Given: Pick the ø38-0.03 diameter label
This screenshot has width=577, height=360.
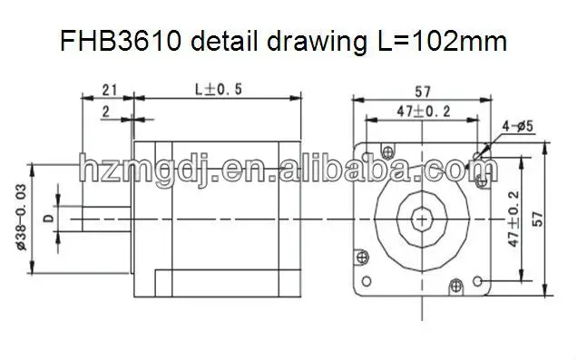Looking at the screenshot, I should [x=22, y=218].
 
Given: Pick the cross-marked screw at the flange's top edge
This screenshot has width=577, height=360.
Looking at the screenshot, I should [x=390, y=149].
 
